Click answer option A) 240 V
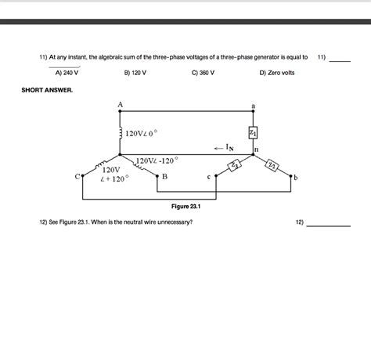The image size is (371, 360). point(67,72)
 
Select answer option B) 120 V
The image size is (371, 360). point(135,72)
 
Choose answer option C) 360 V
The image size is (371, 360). point(202,72)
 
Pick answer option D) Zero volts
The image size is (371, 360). point(276,72)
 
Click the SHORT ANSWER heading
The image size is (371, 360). point(47,91)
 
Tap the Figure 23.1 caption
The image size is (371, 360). point(186,207)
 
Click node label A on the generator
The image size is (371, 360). point(121,104)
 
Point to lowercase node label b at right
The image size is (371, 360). point(296,178)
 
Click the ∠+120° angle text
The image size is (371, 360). point(114,179)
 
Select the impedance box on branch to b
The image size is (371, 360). point(272,164)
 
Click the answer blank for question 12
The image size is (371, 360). point(328,224)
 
